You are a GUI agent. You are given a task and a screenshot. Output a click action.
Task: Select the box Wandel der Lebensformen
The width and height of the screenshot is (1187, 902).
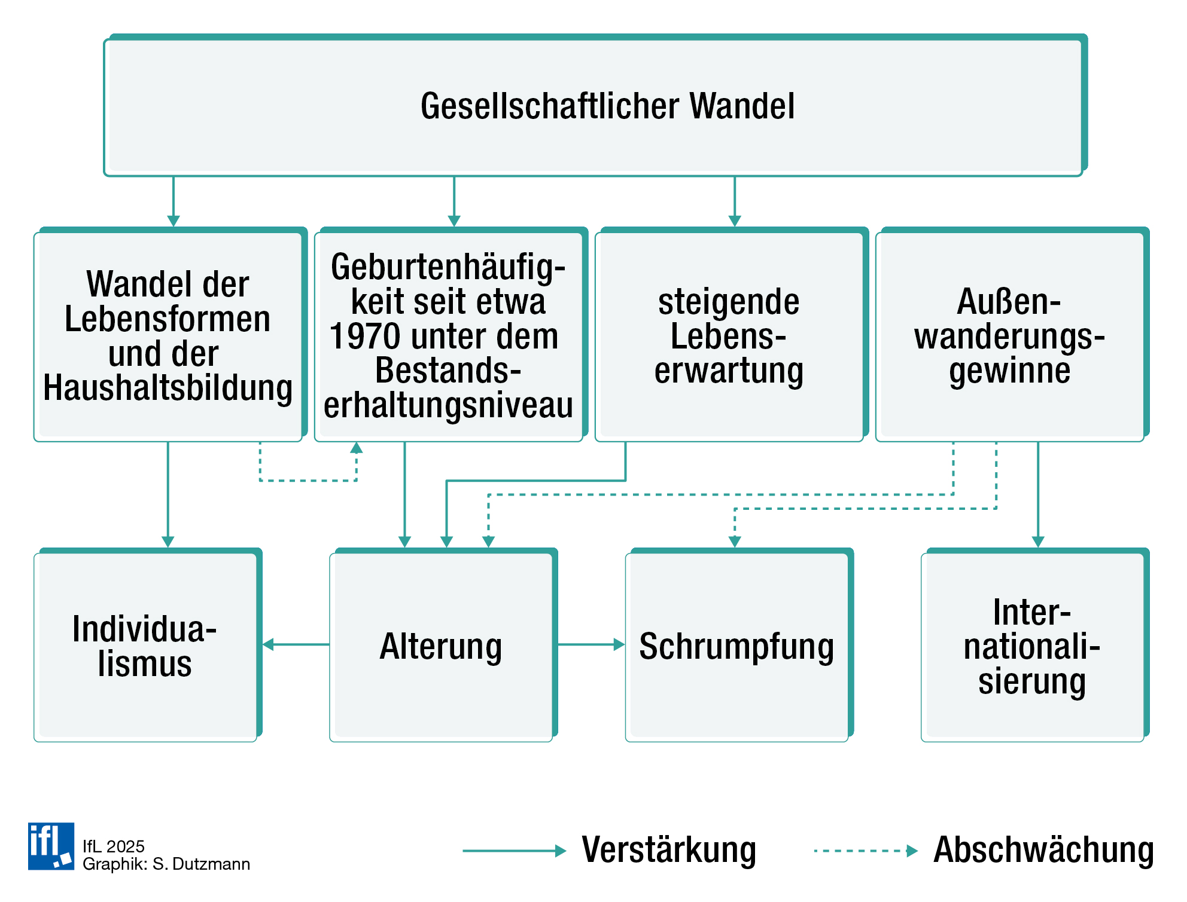click(x=168, y=336)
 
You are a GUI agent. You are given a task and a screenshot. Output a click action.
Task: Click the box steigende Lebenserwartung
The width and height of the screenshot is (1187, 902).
click(x=729, y=336)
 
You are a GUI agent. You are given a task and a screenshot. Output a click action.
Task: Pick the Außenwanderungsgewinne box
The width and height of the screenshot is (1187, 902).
click(x=1009, y=336)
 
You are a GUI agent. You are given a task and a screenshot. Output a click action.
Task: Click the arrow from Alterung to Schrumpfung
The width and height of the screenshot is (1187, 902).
click(x=589, y=644)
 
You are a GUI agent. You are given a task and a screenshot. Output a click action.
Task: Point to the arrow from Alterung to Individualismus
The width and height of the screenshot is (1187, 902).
click(x=296, y=644)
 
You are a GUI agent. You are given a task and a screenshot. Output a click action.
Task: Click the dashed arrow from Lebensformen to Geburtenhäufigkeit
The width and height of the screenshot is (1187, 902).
click(x=308, y=480)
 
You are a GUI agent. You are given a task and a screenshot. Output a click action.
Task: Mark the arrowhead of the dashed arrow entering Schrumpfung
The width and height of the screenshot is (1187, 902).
click(x=735, y=542)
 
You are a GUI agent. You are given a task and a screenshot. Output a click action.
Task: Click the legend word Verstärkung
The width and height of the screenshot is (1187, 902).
click(x=669, y=850)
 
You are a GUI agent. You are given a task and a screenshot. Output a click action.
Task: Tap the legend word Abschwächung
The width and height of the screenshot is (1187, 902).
click(x=1043, y=850)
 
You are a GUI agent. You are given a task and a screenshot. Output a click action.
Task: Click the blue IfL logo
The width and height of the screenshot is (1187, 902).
click(x=51, y=846)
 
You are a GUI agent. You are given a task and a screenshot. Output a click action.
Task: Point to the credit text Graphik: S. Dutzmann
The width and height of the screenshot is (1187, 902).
click(x=166, y=864)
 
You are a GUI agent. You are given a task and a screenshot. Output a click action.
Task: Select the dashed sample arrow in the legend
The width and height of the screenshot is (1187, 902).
click(x=865, y=851)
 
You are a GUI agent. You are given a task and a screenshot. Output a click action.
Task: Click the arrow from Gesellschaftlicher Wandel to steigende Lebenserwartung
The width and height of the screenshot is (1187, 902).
click(x=735, y=200)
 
